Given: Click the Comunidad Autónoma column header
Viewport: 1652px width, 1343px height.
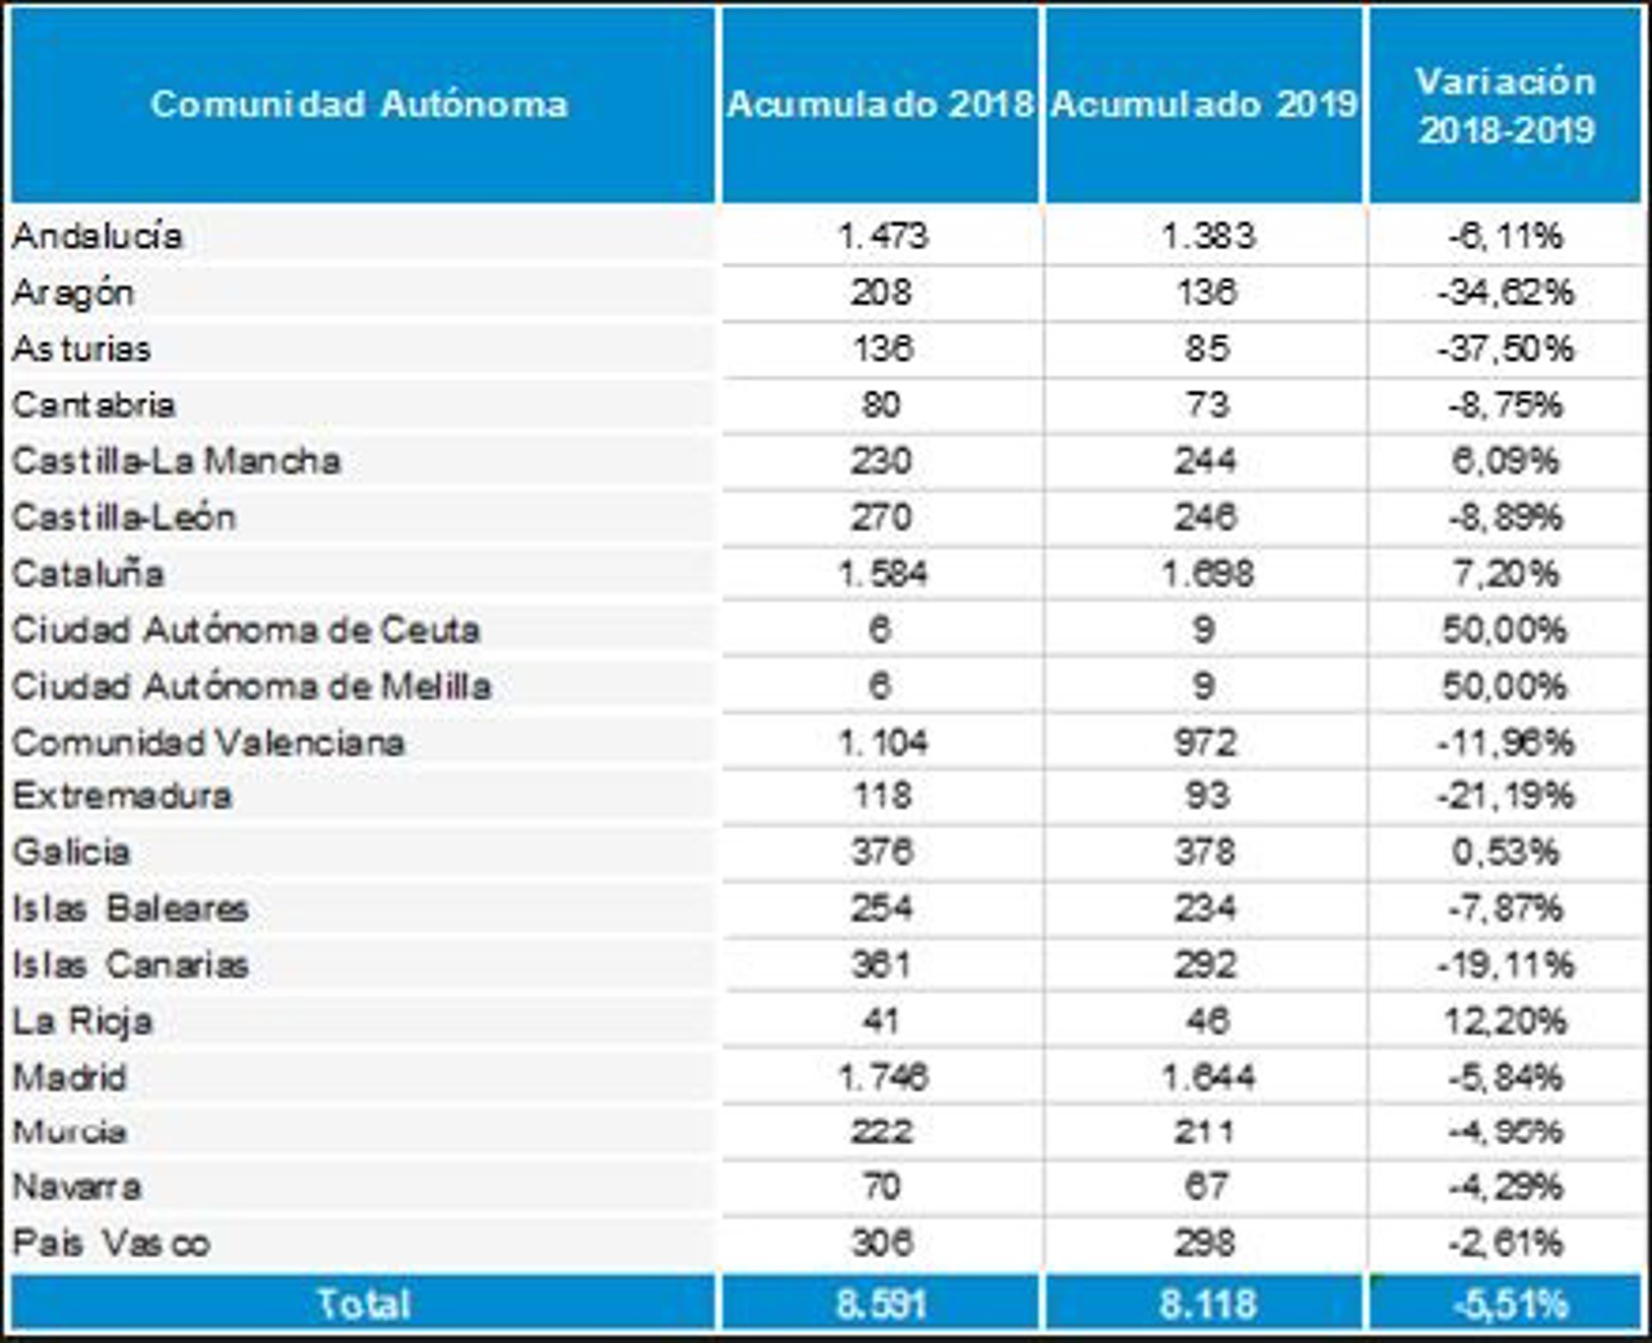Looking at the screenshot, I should click(360, 104).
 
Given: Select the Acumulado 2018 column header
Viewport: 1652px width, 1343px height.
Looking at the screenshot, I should click(880, 104).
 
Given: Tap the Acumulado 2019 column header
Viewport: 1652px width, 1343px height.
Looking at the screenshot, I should click(1205, 104).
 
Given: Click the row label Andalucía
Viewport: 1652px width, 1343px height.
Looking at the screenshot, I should click(97, 236).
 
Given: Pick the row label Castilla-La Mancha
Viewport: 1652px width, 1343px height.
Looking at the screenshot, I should click(176, 461).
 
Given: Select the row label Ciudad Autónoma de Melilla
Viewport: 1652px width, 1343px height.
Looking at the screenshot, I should click(251, 687).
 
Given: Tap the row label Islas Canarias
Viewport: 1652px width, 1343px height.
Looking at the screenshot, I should click(130, 964).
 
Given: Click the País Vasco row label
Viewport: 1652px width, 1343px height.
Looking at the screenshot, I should click(111, 1243).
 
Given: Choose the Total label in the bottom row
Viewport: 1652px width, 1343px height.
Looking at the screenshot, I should click(363, 1303).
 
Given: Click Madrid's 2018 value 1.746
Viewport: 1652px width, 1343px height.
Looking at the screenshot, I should click(883, 1077).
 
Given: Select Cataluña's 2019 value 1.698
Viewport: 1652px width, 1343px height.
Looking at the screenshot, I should click(1207, 574).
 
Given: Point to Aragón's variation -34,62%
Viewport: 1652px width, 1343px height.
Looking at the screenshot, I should click(1506, 293).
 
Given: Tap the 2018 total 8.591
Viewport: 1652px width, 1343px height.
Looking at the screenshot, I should click(881, 1304).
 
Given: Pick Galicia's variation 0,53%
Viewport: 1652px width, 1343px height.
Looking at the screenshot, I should click(1506, 852).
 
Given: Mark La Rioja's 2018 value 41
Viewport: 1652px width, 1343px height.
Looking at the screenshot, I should click(880, 1021).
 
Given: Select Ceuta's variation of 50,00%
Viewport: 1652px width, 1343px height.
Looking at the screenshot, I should click(1505, 631).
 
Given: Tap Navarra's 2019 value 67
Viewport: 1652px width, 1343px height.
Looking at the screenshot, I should click(1205, 1187).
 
